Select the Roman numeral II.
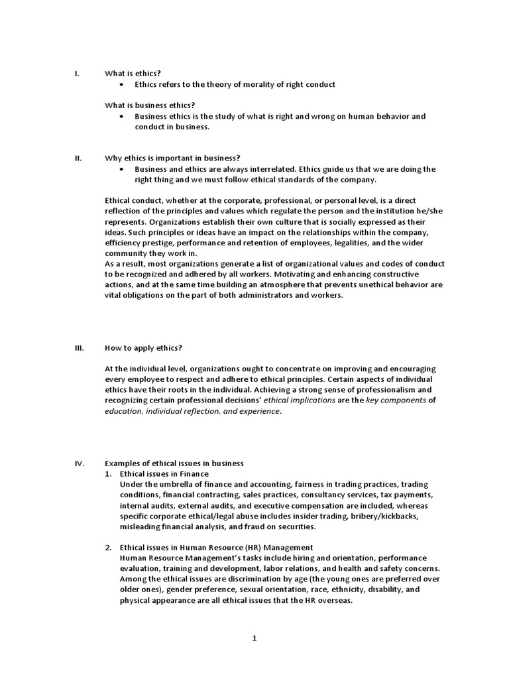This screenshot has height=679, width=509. [x=78, y=158]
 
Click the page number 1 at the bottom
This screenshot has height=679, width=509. [x=254, y=638]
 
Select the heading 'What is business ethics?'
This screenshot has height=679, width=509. [x=150, y=105]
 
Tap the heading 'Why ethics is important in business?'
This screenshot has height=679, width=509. [x=172, y=158]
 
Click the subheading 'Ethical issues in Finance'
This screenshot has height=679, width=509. [x=164, y=473]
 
